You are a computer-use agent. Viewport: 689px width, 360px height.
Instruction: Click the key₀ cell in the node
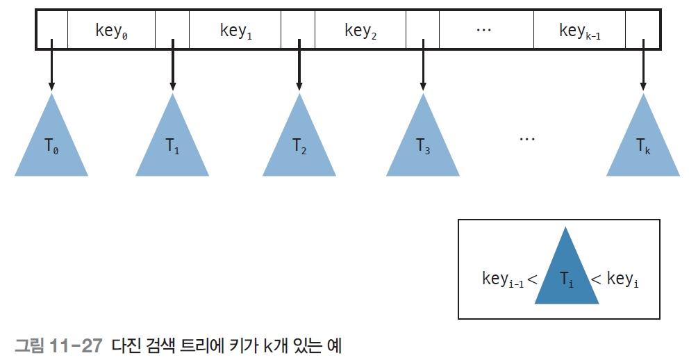point(112,29)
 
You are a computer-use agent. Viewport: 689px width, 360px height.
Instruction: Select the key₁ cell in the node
point(235,29)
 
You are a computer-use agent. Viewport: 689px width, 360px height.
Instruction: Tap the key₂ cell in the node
point(360,29)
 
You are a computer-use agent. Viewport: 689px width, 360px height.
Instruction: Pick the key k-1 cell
point(579,29)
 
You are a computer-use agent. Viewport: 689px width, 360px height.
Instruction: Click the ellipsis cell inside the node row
point(486,29)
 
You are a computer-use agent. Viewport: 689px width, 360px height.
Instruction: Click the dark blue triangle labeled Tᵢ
point(566,272)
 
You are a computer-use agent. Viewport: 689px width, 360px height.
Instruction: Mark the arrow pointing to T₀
point(51,65)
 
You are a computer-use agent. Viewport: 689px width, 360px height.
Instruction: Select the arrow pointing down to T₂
point(299,65)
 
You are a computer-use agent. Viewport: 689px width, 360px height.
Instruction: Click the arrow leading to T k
point(643,65)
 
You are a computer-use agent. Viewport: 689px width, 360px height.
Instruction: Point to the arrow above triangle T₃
point(423,65)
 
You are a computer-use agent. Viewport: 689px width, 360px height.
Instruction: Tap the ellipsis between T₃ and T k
point(527,139)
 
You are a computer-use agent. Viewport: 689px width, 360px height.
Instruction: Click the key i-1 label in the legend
point(503,279)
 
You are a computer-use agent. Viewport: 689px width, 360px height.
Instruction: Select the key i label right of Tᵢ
point(622,279)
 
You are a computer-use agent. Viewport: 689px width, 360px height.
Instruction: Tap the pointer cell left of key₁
point(172,29)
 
